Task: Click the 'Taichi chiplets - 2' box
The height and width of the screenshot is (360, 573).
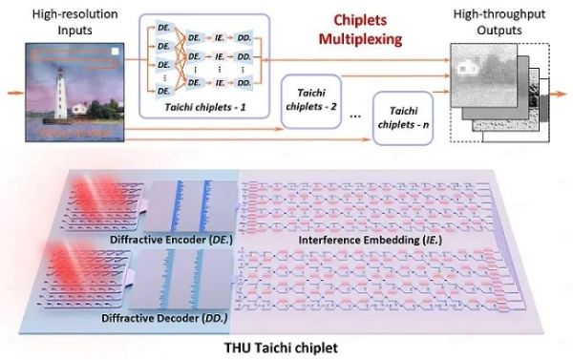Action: coord(311,101)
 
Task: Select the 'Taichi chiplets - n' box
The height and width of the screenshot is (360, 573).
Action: coord(403,118)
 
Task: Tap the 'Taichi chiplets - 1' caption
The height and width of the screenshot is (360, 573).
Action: coord(205,108)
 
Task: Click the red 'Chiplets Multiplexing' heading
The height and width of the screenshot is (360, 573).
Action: coord(360,30)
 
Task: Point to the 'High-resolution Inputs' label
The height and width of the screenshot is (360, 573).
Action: coord(74,22)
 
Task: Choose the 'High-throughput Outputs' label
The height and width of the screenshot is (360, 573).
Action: coord(499,22)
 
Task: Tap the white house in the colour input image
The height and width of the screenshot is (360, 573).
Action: coord(80,109)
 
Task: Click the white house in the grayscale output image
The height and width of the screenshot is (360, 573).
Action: coord(464,69)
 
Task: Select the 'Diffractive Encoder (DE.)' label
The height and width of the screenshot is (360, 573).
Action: coord(171,240)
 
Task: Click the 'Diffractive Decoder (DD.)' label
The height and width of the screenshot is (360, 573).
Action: coord(164,318)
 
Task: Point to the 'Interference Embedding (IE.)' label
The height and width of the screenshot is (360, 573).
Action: coord(371,240)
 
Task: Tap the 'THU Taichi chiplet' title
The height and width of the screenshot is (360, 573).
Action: coord(281,348)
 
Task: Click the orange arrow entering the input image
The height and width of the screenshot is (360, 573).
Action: coord(15,93)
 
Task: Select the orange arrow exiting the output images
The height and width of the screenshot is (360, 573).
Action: coord(559,95)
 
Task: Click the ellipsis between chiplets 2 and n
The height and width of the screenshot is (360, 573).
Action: coord(355,116)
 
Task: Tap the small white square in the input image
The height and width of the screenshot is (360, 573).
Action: coord(115,52)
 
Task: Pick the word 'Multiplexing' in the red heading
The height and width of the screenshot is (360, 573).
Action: coord(360,39)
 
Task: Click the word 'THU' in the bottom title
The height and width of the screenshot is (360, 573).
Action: coord(236,348)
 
